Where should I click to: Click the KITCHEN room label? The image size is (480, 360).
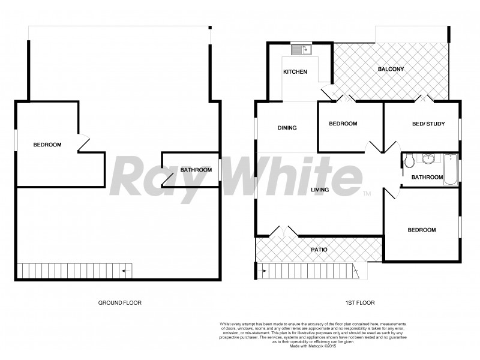(295, 72)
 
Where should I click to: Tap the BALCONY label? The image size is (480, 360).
(391, 69)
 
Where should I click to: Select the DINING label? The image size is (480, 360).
(287, 128)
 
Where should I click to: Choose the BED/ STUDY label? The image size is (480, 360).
(428, 124)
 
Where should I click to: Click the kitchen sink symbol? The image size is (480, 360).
(299, 50)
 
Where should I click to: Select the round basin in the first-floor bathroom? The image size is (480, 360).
(428, 159)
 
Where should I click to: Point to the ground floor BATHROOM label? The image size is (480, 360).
(196, 170)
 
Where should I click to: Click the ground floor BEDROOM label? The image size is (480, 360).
(47, 145)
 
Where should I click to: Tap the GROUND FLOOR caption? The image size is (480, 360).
(119, 303)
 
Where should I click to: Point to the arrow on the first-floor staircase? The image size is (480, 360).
(263, 271)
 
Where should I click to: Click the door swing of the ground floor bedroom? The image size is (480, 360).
(83, 142)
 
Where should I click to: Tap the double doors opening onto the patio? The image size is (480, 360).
(283, 231)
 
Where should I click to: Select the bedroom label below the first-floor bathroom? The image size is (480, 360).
(422, 230)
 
